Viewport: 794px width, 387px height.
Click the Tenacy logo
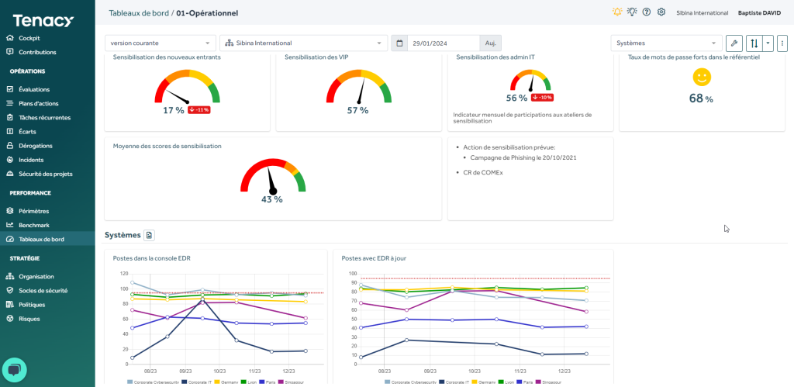pyautogui.click(x=43, y=21)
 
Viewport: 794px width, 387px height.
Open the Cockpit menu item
pyautogui.click(x=29, y=38)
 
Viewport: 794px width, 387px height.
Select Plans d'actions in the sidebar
pyautogui.click(x=38, y=103)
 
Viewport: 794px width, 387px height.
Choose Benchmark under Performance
pyautogui.click(x=33, y=225)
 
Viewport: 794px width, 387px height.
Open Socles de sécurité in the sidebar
pyautogui.click(x=43, y=290)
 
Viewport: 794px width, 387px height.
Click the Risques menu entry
pyautogui.click(x=29, y=318)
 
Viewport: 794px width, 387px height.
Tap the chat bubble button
pyautogui.click(x=15, y=370)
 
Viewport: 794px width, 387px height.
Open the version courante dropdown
pyautogui.click(x=161, y=43)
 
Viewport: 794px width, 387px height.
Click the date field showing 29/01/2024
pyautogui.click(x=443, y=43)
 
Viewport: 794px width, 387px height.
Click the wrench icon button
pyautogui.click(x=734, y=43)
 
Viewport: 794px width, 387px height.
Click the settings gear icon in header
pyautogui.click(x=661, y=12)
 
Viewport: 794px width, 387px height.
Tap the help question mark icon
pyautogui.click(x=647, y=12)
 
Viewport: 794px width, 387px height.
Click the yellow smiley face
pyautogui.click(x=701, y=77)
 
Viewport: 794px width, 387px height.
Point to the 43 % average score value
pyautogui.click(x=271, y=199)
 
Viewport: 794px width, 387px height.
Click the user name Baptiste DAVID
pyautogui.click(x=758, y=12)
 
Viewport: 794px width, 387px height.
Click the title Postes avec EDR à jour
pyautogui.click(x=373, y=258)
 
